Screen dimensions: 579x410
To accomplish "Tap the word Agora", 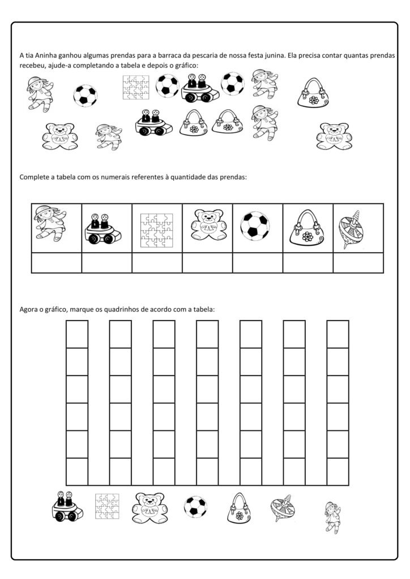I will (29, 309).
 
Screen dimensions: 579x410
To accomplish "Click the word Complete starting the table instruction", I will (36, 177).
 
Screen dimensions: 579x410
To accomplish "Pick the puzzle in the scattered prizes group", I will (137, 88).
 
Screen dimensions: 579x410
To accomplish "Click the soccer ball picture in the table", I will (257, 227).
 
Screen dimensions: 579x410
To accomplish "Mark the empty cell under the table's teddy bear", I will (207, 263).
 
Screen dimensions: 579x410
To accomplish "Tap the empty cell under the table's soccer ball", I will (257, 263).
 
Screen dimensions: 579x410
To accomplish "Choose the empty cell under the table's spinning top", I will (358, 263).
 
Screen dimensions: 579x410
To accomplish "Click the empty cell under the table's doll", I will (56, 263).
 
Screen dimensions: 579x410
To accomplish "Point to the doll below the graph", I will (334, 517).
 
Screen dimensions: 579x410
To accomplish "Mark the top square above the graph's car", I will (77, 334).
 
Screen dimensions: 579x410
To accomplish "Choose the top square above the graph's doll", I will (338, 334).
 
